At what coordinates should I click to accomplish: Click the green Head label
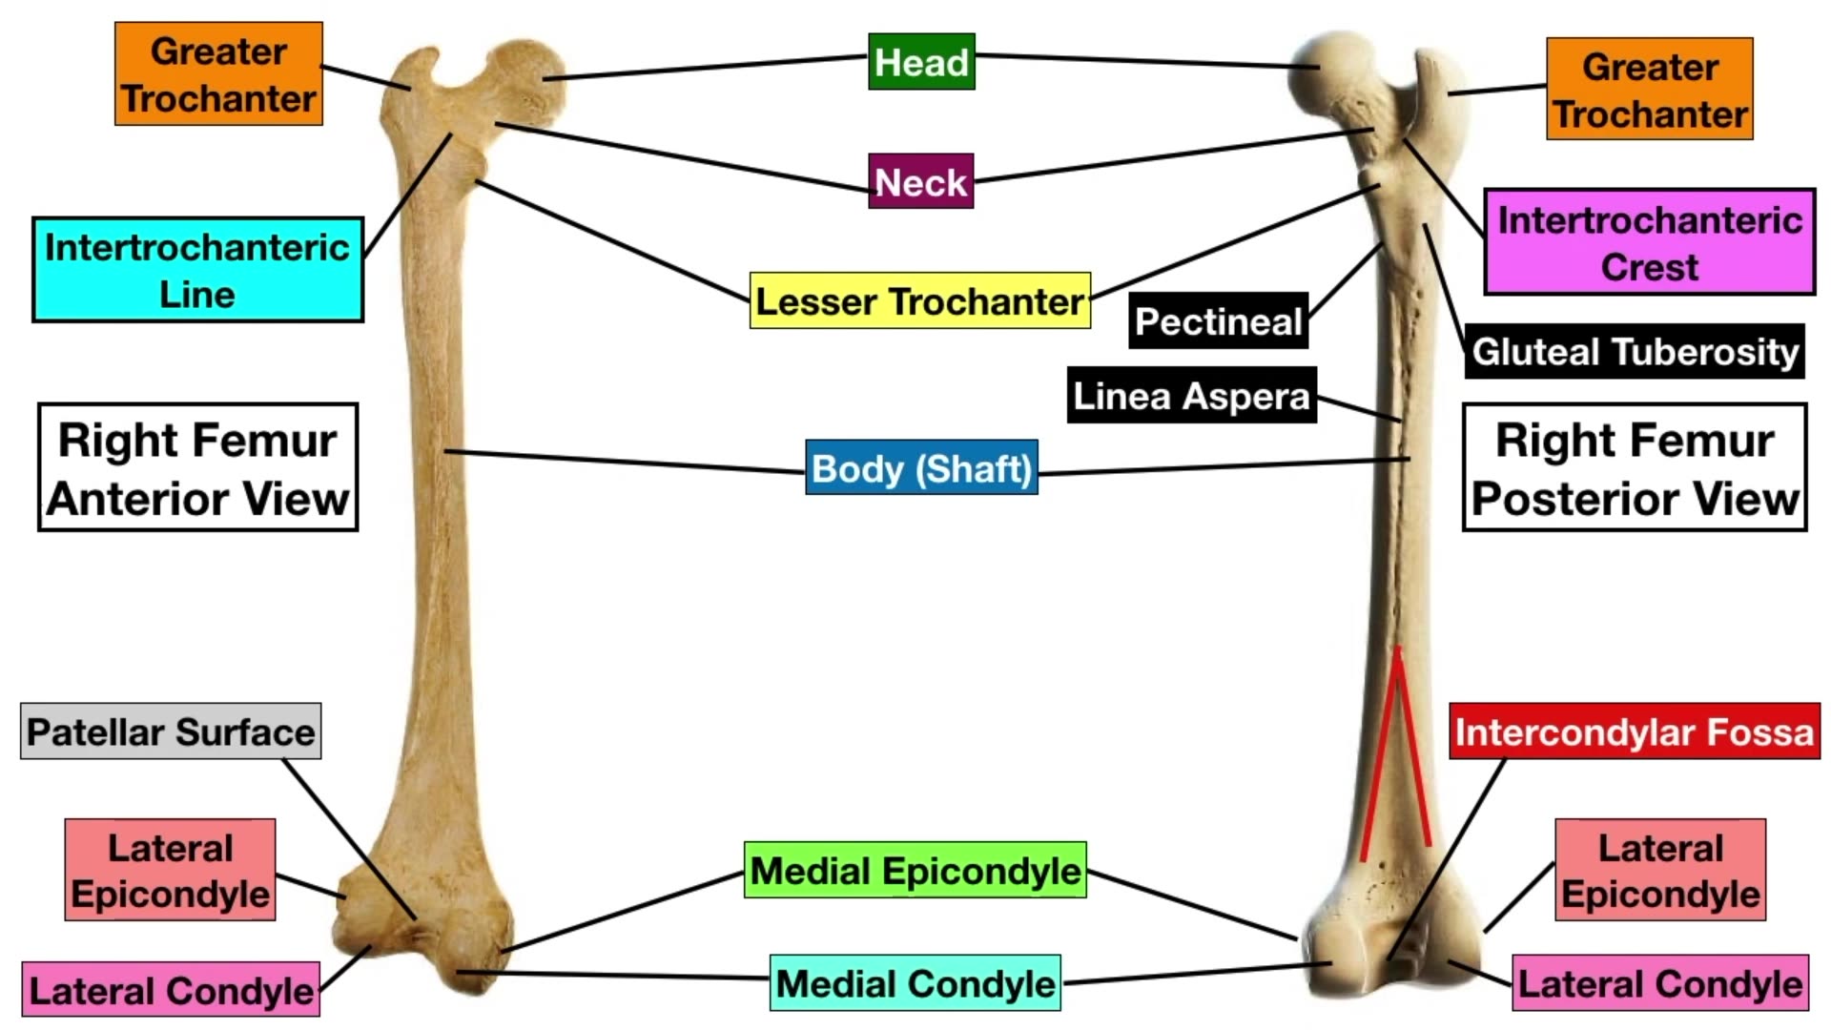click(921, 62)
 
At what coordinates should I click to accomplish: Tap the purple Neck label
click(921, 181)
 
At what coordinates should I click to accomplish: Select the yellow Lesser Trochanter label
click(919, 301)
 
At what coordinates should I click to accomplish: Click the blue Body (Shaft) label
click(921, 467)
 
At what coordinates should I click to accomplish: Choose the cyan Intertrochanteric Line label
click(197, 270)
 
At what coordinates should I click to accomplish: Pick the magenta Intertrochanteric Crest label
click(1649, 242)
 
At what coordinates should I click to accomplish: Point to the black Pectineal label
click(1218, 321)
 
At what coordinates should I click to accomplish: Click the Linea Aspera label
click(1191, 395)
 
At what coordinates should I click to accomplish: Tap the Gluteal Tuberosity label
click(1635, 351)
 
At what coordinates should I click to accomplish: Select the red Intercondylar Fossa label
click(1634, 731)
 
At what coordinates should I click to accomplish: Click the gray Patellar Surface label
click(171, 731)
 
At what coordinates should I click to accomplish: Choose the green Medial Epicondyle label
click(915, 870)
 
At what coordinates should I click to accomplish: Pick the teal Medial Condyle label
click(915, 983)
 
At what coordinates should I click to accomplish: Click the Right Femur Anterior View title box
click(197, 467)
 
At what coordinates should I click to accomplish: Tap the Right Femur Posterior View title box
click(1635, 467)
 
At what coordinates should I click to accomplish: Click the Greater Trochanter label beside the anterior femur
click(218, 74)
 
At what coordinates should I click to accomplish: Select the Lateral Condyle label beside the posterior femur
click(1660, 983)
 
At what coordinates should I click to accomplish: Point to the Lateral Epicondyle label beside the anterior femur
click(170, 870)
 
